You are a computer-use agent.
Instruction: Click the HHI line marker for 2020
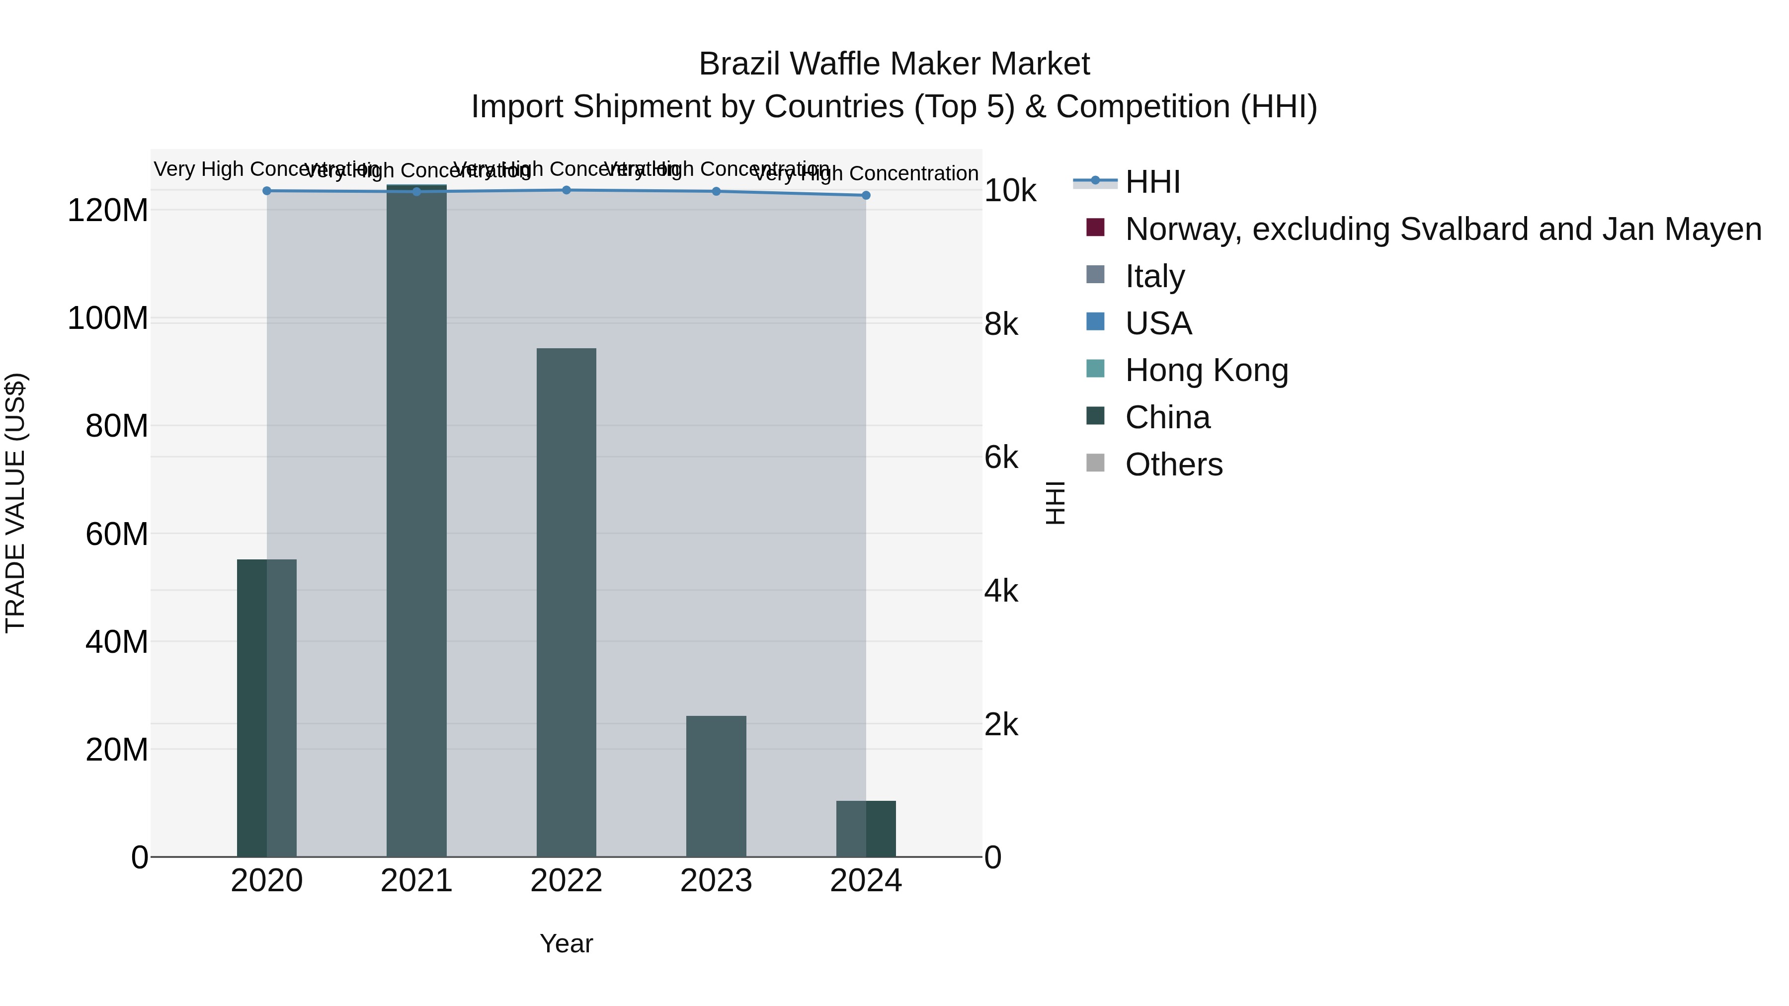[267, 191]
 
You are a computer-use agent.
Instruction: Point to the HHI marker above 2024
[866, 196]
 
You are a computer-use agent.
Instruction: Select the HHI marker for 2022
[567, 190]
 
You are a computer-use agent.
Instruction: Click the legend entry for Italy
[1155, 276]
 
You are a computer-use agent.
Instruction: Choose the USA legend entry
[1158, 323]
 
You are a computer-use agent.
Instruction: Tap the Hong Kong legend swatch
[1095, 369]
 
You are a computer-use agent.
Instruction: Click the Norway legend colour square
[1095, 228]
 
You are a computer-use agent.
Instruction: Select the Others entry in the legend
[1174, 464]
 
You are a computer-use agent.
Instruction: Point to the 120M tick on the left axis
[108, 210]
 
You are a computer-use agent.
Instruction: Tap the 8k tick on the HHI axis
[1001, 324]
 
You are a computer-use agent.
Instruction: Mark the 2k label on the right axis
[1001, 725]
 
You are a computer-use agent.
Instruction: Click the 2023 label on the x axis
[716, 881]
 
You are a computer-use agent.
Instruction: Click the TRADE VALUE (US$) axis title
[15, 503]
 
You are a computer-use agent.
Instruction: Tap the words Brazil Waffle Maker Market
[894, 64]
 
